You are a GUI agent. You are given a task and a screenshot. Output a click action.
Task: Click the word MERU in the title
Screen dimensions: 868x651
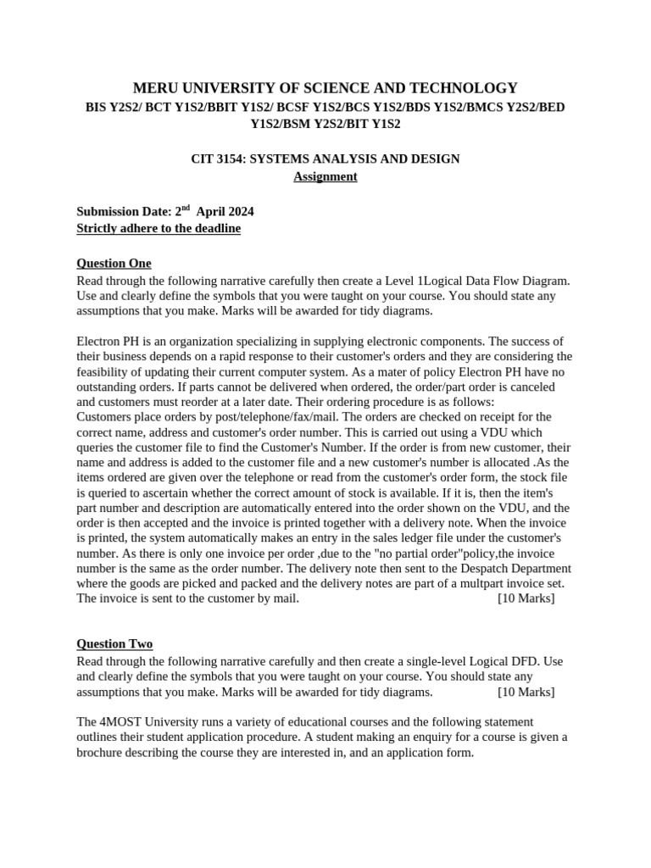coord(156,88)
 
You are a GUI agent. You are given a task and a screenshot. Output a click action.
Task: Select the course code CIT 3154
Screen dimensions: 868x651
coord(220,159)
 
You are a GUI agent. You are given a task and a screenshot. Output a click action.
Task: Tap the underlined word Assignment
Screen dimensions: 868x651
coord(325,176)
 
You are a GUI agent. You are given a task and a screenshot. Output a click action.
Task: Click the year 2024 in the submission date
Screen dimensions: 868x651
coord(238,212)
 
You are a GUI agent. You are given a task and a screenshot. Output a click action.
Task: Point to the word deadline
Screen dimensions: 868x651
coord(216,229)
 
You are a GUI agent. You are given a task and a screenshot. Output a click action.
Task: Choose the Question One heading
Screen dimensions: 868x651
coord(114,263)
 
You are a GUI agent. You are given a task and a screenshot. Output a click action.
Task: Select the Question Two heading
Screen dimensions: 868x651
coord(114,644)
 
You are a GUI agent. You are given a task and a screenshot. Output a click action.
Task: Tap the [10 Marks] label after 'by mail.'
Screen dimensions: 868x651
coord(526,598)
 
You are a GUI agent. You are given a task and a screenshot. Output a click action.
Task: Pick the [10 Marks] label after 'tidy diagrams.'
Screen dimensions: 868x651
coord(526,692)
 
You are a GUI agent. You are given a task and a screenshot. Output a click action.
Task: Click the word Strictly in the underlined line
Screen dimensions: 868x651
coord(100,229)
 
